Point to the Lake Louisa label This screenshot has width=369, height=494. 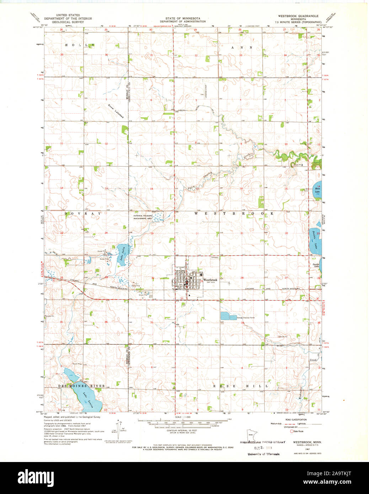tap(88, 399)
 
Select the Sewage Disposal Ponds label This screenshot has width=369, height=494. tap(246, 318)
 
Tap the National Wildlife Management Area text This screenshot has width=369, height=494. tap(143, 218)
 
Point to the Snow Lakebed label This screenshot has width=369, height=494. tap(116, 112)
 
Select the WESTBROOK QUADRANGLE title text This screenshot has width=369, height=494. tap(298, 16)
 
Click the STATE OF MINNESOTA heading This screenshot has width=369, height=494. tap(182, 18)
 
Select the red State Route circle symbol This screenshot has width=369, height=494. tap(292, 431)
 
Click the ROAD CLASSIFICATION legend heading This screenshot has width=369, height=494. tap(298, 420)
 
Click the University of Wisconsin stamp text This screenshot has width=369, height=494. tap(263, 454)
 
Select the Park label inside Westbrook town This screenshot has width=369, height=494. tap(181, 284)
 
